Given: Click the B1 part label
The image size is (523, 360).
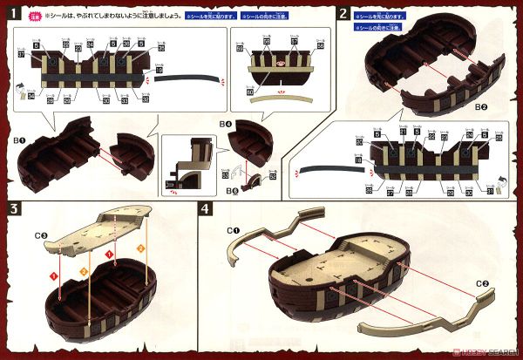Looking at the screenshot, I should pyautogui.click(x=19, y=137).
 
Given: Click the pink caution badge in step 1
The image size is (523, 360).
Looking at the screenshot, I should pyautogui.click(x=36, y=16).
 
